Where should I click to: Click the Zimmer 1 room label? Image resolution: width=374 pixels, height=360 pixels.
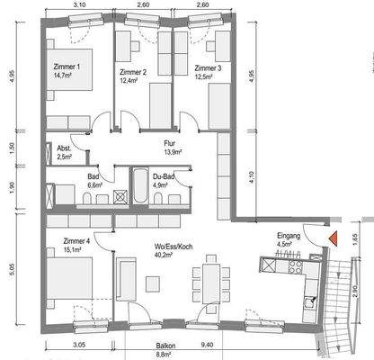pyautogui.click(x=67, y=67)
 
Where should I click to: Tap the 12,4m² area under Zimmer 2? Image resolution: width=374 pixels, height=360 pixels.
pyautogui.click(x=129, y=80)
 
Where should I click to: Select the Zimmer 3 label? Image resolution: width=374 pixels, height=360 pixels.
pyautogui.click(x=208, y=68)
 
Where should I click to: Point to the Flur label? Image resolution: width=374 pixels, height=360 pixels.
pyautogui.click(x=170, y=143)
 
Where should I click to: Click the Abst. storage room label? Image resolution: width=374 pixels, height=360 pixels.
pyautogui.click(x=64, y=148)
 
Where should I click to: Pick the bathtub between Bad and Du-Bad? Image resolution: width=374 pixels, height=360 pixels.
pyautogui.click(x=140, y=185)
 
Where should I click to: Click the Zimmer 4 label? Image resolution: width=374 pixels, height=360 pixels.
pyautogui.click(x=76, y=241)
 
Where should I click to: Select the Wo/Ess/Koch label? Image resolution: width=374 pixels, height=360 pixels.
pyautogui.click(x=174, y=247)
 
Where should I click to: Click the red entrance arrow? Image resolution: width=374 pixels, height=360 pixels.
pyautogui.click(x=334, y=238)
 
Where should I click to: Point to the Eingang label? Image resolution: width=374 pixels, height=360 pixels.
pyautogui.click(x=289, y=236)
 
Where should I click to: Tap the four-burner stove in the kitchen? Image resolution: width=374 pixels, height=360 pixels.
pyautogui.click(x=295, y=266)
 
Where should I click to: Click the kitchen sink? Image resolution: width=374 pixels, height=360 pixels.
pyautogui.click(x=309, y=302)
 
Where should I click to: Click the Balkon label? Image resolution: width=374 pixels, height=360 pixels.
pyautogui.click(x=165, y=346)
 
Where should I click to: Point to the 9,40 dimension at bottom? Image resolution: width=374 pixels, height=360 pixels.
pyautogui.click(x=208, y=345)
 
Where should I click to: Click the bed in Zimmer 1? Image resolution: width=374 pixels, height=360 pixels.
pyautogui.click(x=69, y=69)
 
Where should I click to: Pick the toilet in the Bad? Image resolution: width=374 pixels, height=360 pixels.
pyautogui.click(x=87, y=199)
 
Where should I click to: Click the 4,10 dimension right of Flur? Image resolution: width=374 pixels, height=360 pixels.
pyautogui.click(x=252, y=177)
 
